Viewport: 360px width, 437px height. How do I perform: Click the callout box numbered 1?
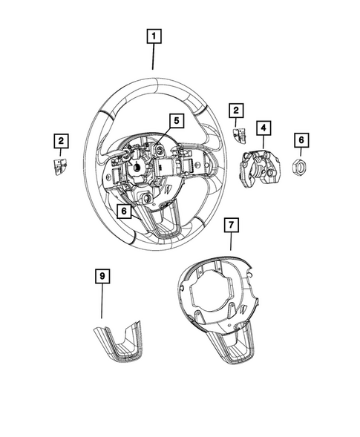click(x=154, y=36)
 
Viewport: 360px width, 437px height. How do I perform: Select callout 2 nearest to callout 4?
click(x=237, y=111)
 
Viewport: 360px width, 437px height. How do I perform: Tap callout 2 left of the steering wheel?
click(x=60, y=139)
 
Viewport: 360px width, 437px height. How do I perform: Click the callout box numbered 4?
click(x=263, y=128)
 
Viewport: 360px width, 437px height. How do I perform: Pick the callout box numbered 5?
click(x=175, y=120)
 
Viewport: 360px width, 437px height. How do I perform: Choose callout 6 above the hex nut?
click(x=301, y=139)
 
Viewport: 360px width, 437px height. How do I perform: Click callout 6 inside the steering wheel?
click(x=125, y=211)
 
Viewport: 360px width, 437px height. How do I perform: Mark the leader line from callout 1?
click(x=154, y=56)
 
